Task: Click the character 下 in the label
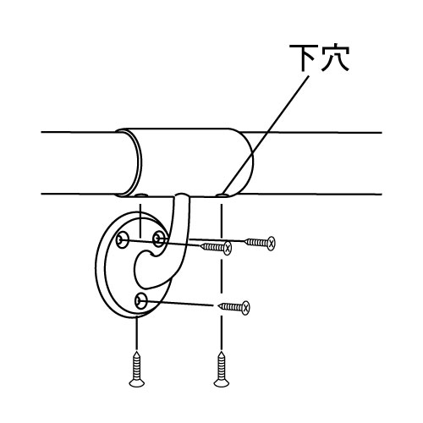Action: pyautogui.click(x=303, y=58)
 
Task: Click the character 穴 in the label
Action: pyautogui.click(x=334, y=58)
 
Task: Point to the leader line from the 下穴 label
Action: pyautogui.click(x=266, y=135)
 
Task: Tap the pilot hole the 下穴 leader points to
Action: pyautogui.click(x=222, y=195)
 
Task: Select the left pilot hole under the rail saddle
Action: pyautogui.click(x=140, y=195)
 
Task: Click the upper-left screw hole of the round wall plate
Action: pyautogui.click(x=123, y=240)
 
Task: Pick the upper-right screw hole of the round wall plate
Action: pyautogui.click(x=158, y=239)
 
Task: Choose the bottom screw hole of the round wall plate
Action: pyautogui.click(x=140, y=302)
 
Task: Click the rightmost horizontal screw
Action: pyautogui.click(x=260, y=243)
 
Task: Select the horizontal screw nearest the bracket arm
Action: pyautogui.click(x=216, y=248)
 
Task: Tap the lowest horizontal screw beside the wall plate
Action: pyautogui.click(x=234, y=307)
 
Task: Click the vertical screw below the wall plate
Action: pyautogui.click(x=137, y=369)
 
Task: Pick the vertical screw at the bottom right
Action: pyautogui.click(x=222, y=369)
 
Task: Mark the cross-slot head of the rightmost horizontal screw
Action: pyautogui.click(x=272, y=243)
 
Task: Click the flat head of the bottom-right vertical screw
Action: pyautogui.click(x=222, y=383)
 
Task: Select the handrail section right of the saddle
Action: pyautogui.click(x=316, y=163)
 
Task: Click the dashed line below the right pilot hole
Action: pyautogui.click(x=222, y=277)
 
